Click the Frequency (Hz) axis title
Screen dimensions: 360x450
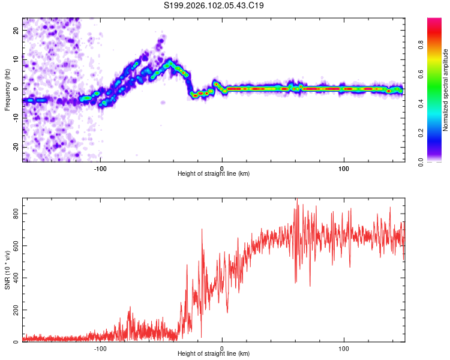point(7,89)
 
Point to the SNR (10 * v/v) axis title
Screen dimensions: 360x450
point(7,269)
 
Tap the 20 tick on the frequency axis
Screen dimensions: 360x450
point(16,30)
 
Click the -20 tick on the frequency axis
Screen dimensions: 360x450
point(15,147)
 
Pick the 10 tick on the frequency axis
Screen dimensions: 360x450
point(16,59)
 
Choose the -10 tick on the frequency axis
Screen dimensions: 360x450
point(15,118)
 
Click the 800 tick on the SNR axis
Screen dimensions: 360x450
point(13,214)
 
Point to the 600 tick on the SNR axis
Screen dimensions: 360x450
point(13,246)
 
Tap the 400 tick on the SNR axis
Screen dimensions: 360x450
point(13,278)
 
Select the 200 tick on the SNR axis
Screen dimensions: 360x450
point(13,310)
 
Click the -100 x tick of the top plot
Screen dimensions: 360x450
point(100,168)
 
